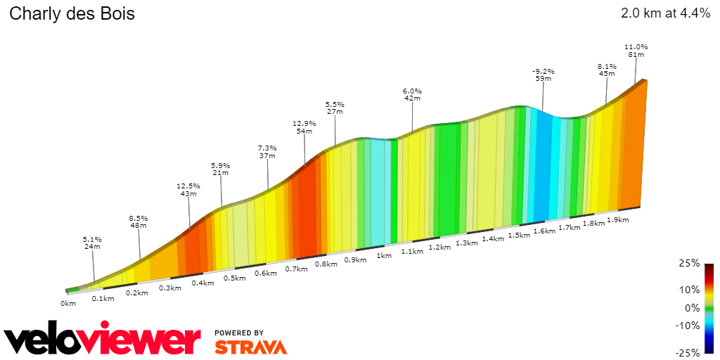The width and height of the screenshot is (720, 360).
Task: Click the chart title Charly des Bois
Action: [x=72, y=14]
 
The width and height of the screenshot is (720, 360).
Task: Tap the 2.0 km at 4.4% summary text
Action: [x=666, y=13]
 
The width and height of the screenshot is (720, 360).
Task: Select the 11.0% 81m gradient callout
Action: [x=636, y=51]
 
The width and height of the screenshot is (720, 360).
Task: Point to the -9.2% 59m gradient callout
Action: [x=544, y=75]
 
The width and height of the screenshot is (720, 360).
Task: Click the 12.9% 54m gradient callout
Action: [x=304, y=127]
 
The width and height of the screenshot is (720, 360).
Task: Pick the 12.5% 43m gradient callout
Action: [x=188, y=190]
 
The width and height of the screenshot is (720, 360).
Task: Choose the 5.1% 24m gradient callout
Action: [x=92, y=243]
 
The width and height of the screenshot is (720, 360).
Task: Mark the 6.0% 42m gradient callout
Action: [x=412, y=94]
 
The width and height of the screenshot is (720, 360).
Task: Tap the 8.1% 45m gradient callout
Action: [x=607, y=70]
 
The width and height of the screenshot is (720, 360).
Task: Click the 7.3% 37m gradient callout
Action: [x=267, y=152]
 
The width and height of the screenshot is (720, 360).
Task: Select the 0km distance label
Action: [x=67, y=304]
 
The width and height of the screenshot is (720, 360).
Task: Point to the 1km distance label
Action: [x=384, y=256]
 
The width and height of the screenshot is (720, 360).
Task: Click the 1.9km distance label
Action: [x=617, y=220]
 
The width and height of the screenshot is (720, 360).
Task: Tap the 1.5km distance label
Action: [x=518, y=235]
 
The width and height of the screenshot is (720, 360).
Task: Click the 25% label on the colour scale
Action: [x=689, y=264]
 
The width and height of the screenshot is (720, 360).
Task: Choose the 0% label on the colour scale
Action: [x=692, y=308]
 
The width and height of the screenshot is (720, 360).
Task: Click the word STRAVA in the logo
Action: [x=251, y=347]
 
